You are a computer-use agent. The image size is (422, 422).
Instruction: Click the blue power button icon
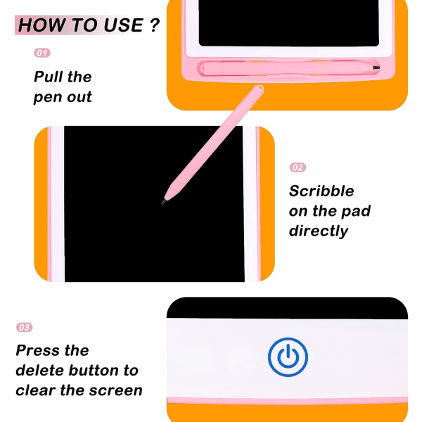point(288,357)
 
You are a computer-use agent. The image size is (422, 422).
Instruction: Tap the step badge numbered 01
point(42,53)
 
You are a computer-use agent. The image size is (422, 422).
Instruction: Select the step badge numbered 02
point(298,167)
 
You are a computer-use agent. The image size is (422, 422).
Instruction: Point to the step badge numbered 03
point(24,327)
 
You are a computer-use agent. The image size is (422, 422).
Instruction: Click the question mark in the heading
point(155,25)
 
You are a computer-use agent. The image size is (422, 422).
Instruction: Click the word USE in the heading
point(123,25)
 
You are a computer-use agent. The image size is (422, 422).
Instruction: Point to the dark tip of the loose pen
point(163,201)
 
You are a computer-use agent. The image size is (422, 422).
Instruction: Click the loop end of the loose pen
point(260,88)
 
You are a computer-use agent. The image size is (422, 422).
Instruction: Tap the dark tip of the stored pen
point(376,68)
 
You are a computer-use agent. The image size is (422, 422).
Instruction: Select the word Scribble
point(321,191)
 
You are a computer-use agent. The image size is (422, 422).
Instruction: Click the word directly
point(319,231)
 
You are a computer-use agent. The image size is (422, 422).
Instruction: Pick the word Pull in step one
point(49,77)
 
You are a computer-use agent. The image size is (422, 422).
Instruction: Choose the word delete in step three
point(40,371)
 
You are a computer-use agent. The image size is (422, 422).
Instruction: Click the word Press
point(38,350)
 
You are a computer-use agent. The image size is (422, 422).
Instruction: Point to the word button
point(94,371)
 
